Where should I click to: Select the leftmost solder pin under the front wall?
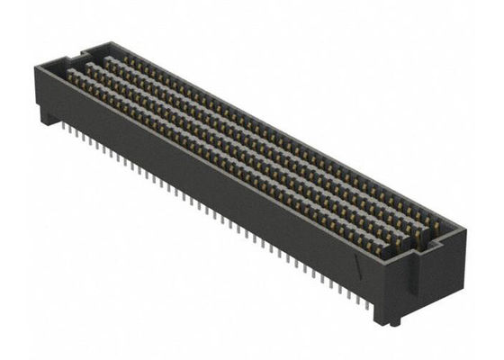pos(67,130)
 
